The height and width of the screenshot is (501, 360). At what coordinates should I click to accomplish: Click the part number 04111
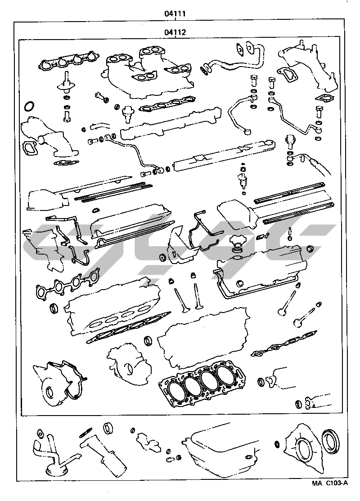175,14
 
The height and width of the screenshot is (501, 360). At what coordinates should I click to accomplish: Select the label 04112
175,32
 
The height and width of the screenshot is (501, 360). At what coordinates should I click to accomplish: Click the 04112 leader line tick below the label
175,38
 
